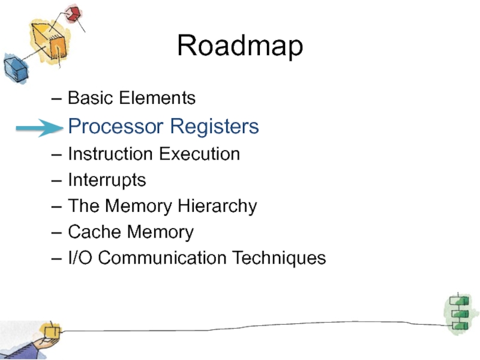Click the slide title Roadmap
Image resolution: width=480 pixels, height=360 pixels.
click(240, 47)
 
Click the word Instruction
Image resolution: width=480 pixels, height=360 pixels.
click(110, 154)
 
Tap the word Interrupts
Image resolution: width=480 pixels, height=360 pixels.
click(107, 180)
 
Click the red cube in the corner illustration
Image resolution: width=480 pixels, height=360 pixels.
click(73, 14)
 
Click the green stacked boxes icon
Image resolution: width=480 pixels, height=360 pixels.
click(458, 312)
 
